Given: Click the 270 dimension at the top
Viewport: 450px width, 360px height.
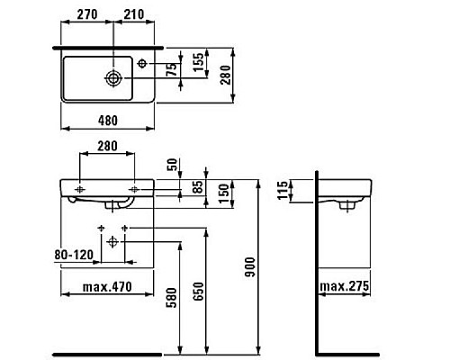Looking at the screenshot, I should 86,14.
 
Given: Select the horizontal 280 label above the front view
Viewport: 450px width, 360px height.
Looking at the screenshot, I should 108,146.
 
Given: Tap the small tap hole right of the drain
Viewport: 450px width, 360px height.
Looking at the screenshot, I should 143,64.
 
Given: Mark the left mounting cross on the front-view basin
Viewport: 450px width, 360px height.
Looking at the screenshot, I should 80,188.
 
